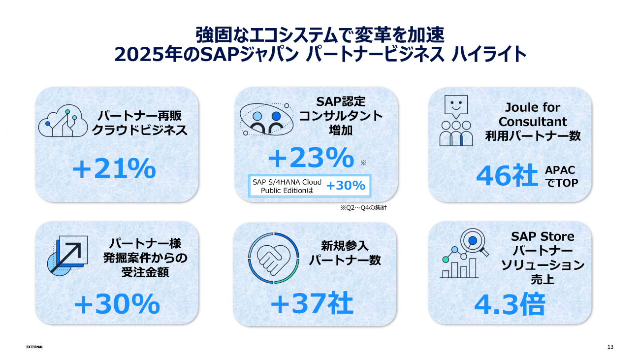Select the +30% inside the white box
click(346, 185)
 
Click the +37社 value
click(312, 303)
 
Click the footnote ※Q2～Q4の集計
click(363, 208)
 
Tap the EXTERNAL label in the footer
click(34, 347)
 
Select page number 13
click(610, 347)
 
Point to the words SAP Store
click(543, 237)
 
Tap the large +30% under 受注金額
click(117, 304)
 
